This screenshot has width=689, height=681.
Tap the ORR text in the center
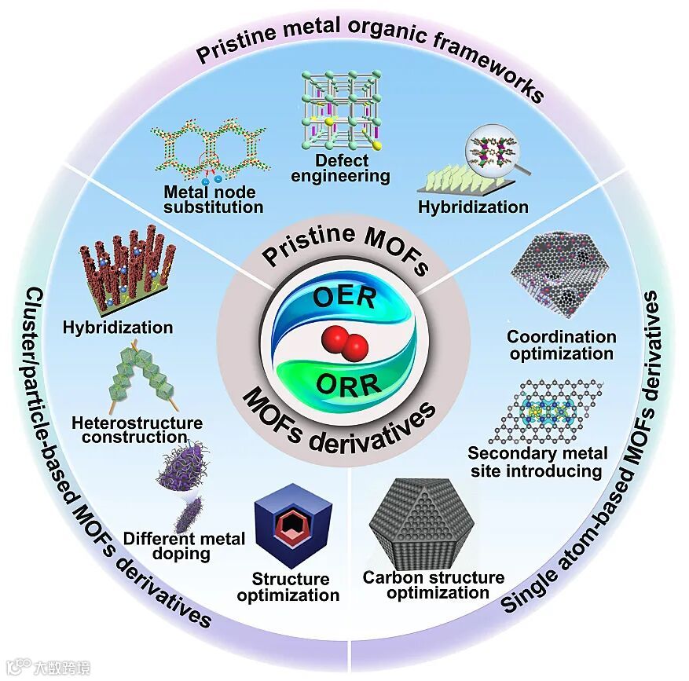[x=346, y=384]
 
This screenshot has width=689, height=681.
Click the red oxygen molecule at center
[x=343, y=343]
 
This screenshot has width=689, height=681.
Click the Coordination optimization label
[x=561, y=345]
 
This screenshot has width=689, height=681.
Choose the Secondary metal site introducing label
[x=537, y=462]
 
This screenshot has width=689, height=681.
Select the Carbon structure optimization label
[x=433, y=585]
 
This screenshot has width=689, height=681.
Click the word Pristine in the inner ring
[x=305, y=253]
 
